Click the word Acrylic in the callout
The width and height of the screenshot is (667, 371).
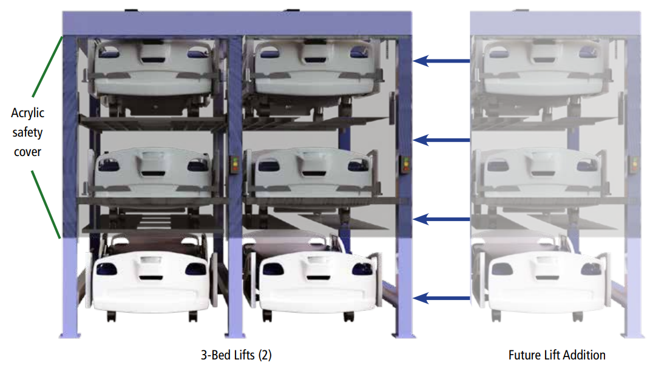pyautogui.click(x=27, y=113)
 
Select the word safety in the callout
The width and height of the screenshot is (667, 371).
pyautogui.click(x=27, y=132)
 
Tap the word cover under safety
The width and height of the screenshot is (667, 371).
pyautogui.click(x=27, y=152)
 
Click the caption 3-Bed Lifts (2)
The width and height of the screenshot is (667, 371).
pyautogui.click(x=232, y=355)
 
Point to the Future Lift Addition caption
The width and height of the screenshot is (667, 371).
pyautogui.click(x=557, y=355)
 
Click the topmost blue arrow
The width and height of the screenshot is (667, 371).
pyautogui.click(x=442, y=61)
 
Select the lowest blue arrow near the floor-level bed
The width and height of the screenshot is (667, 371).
pyautogui.click(x=442, y=298)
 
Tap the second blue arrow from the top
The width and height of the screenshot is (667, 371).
pyautogui.click(x=442, y=140)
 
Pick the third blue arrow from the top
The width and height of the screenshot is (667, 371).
pyautogui.click(x=442, y=219)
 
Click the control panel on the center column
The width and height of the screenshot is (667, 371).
pyautogui.click(x=234, y=165)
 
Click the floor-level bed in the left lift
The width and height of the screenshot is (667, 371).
pyautogui.click(x=149, y=276)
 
